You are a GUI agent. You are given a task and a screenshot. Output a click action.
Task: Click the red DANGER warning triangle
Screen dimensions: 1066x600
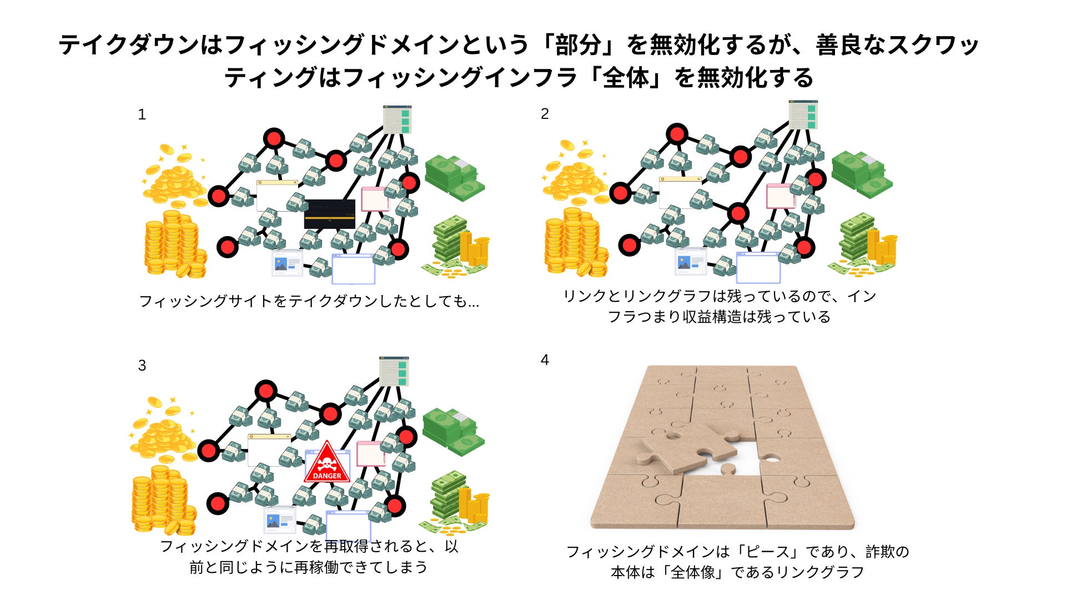point(327,463)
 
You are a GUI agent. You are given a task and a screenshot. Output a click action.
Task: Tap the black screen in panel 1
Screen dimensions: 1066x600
point(329,214)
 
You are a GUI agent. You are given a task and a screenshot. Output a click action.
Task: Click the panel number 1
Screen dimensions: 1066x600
point(142,114)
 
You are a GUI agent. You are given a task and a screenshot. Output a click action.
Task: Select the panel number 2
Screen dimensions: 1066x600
point(545,114)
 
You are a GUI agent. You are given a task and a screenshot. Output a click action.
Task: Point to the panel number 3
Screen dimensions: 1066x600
point(142,366)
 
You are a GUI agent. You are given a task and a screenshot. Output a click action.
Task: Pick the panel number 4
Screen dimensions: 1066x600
point(545,360)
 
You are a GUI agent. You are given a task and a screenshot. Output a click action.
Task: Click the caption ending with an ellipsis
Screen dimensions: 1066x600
point(309,301)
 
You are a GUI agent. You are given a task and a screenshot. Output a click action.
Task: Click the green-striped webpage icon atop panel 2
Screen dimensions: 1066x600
point(803,114)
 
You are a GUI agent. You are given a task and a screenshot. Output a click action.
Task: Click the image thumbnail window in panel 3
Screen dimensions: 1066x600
point(279,521)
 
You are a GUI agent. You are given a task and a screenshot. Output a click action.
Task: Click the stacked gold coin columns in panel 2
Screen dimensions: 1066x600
point(575,244)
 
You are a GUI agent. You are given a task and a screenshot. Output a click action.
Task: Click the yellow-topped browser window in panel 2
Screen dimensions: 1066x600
point(678,192)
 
